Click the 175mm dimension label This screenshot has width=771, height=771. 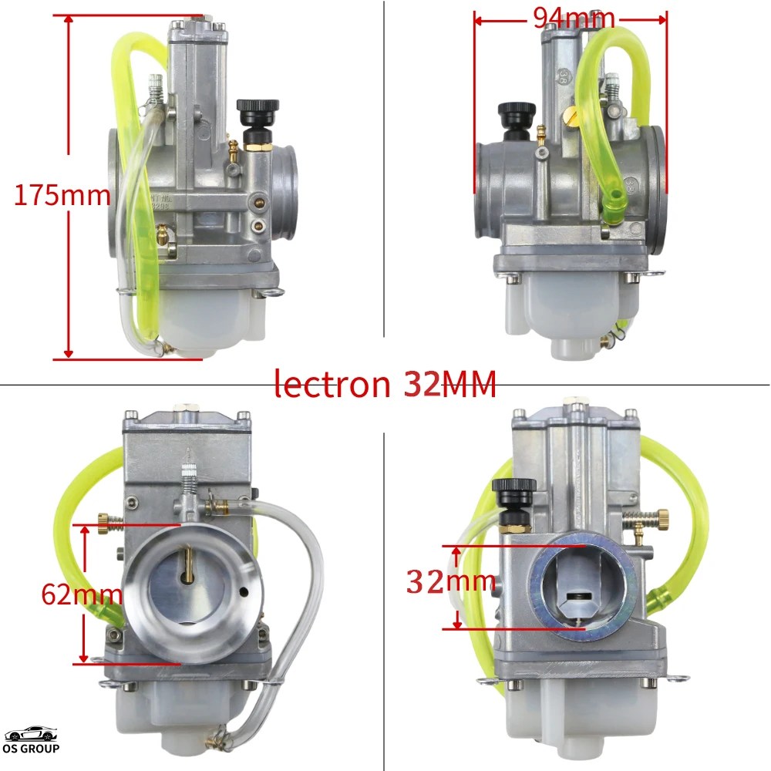pyautogui.click(x=62, y=195)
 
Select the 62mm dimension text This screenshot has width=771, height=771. pyautogui.click(x=82, y=593)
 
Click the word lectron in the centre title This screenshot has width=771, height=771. pyautogui.click(x=333, y=383)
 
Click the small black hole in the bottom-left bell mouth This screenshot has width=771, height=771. pyautogui.click(x=244, y=592)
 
